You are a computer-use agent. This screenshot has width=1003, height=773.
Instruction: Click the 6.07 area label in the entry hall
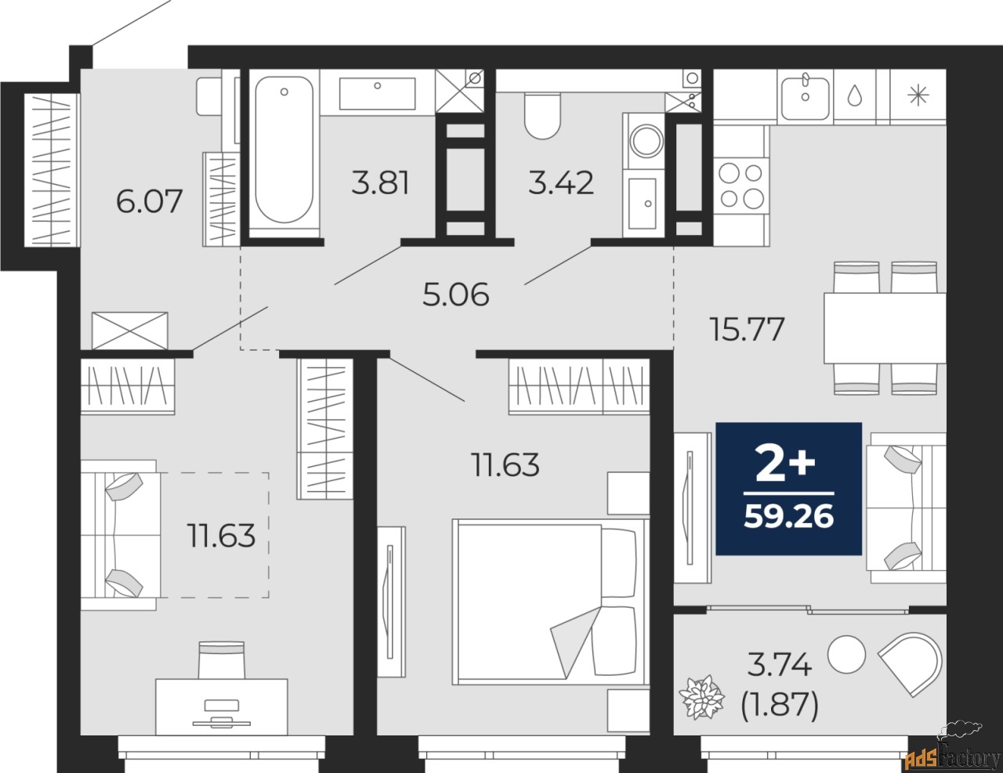(149, 201)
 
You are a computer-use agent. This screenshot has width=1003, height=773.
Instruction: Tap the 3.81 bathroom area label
(380, 182)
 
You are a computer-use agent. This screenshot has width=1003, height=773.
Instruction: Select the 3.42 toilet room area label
(561, 182)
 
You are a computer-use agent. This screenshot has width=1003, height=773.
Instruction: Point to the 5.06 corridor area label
(455, 294)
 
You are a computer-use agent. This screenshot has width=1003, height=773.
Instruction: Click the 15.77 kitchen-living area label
(748, 329)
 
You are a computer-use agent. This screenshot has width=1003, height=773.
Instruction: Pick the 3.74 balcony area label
(779, 666)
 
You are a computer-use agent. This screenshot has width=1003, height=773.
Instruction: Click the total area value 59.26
(789, 516)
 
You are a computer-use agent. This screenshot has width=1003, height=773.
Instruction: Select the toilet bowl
(542, 115)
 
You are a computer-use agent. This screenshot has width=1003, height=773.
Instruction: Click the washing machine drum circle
(648, 141)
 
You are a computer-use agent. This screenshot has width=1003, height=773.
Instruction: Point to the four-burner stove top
(741, 186)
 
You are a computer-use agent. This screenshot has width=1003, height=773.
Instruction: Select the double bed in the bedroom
(551, 601)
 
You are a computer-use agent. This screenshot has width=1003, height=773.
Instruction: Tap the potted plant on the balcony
(701, 697)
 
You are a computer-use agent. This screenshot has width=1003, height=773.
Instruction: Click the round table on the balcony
(846, 654)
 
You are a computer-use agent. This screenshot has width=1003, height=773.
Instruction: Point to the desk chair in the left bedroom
(221, 660)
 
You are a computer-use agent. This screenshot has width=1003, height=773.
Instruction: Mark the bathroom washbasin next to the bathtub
(377, 94)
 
